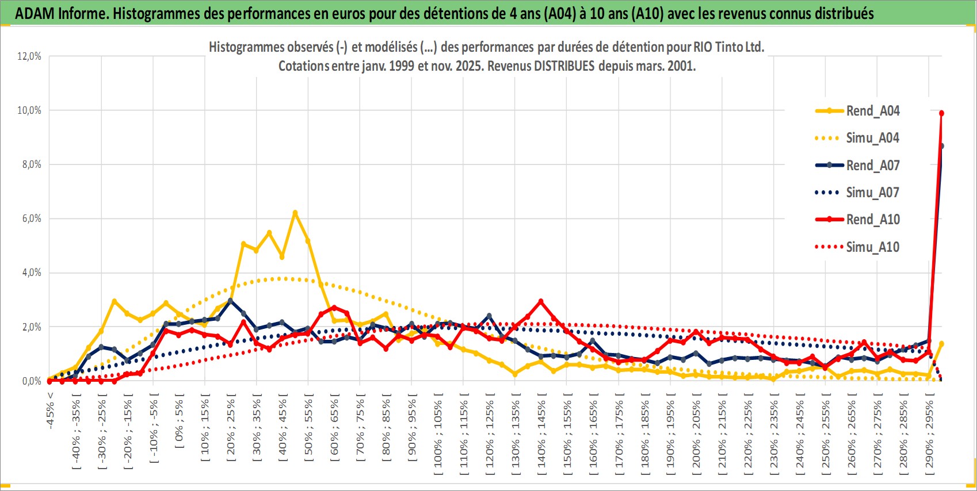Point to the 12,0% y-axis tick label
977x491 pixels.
[29, 56]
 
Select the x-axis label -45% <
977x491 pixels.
[51, 411]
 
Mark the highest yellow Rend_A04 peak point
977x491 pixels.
[295, 213]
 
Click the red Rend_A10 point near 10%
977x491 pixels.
[941, 113]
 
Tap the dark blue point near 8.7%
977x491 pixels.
[941, 146]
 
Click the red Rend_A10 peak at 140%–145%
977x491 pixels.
[541, 301]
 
